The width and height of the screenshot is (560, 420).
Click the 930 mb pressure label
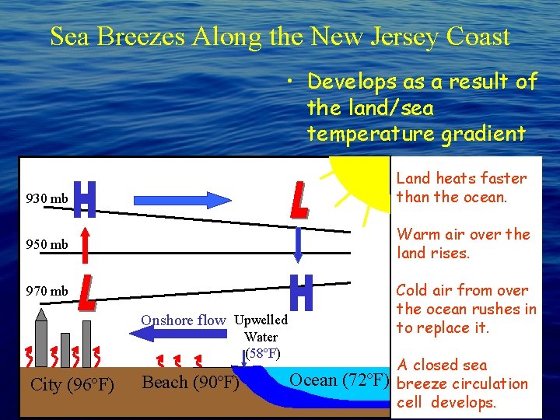47,199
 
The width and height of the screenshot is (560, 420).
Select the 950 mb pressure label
47,245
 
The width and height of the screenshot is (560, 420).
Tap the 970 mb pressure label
47,292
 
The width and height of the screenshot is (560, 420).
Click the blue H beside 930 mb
86,200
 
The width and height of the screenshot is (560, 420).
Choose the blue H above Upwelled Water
300,292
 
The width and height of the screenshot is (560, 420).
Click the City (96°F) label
72,385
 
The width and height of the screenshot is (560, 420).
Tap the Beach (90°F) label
190,383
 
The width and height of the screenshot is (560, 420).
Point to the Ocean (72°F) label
338,380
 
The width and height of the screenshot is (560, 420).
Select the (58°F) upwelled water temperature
262,354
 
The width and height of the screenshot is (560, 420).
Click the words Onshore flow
183,320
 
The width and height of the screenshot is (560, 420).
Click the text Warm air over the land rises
463,243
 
